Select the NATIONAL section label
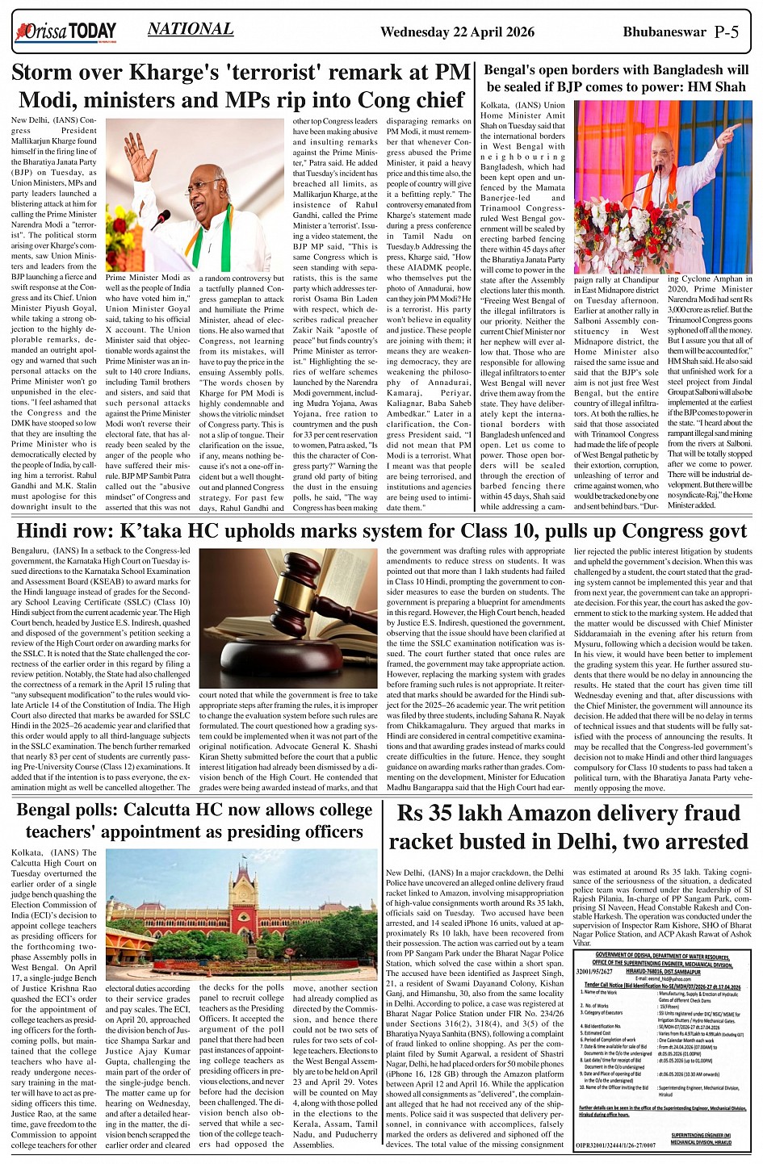tap(191, 30)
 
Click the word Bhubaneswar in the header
tap(663, 33)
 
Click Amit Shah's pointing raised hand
tap(728, 131)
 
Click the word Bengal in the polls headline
tap(47, 810)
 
